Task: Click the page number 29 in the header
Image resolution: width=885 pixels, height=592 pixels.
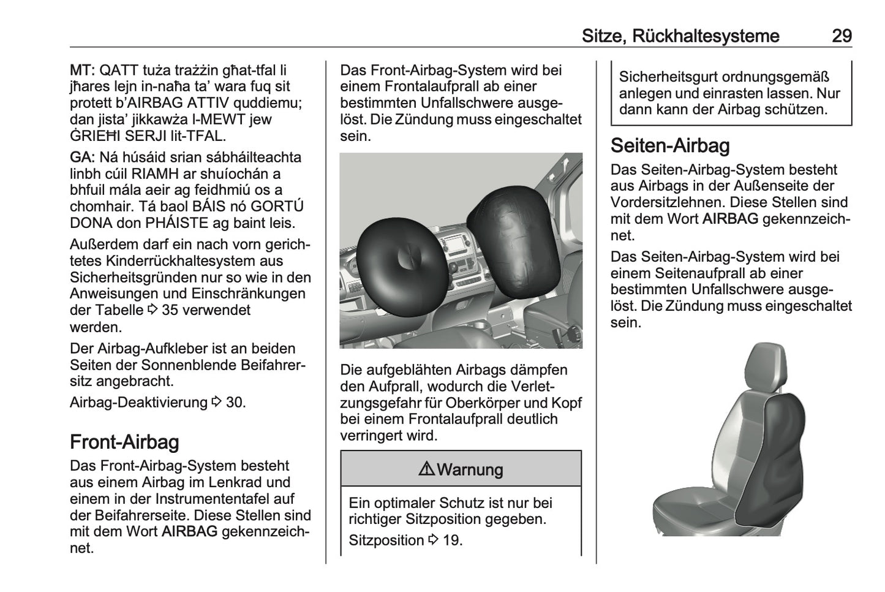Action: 842,36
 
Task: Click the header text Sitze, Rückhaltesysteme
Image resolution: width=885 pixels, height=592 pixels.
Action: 680,36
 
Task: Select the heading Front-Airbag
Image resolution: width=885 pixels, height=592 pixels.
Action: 124,442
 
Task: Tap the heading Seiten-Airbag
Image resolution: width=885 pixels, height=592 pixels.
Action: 670,146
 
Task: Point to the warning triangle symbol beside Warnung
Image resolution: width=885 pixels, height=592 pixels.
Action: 426,470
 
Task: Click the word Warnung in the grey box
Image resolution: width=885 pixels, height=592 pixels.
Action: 470,470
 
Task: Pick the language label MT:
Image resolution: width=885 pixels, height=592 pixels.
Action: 82,70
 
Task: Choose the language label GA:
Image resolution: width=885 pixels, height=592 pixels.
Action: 82,157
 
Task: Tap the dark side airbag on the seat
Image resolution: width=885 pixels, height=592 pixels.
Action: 770,460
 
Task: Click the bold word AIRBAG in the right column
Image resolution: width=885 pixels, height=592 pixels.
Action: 730,219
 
